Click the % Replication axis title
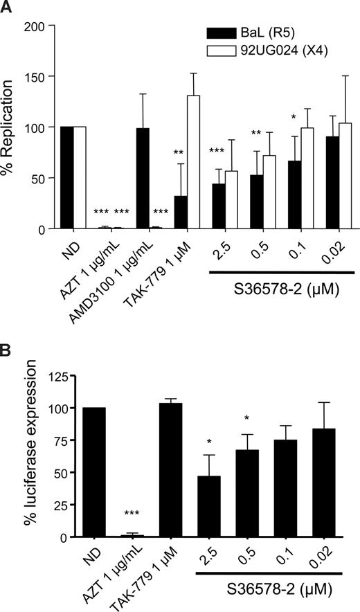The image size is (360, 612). (10, 128)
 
